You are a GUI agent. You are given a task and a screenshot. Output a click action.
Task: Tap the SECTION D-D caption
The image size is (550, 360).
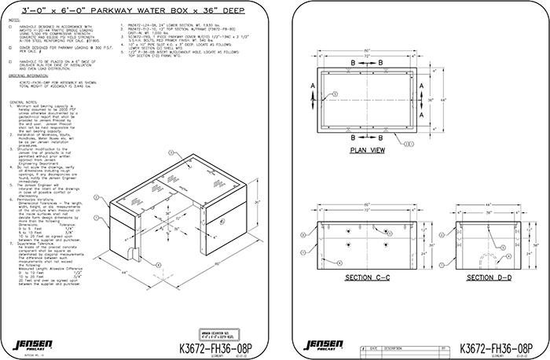click(x=487, y=277)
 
